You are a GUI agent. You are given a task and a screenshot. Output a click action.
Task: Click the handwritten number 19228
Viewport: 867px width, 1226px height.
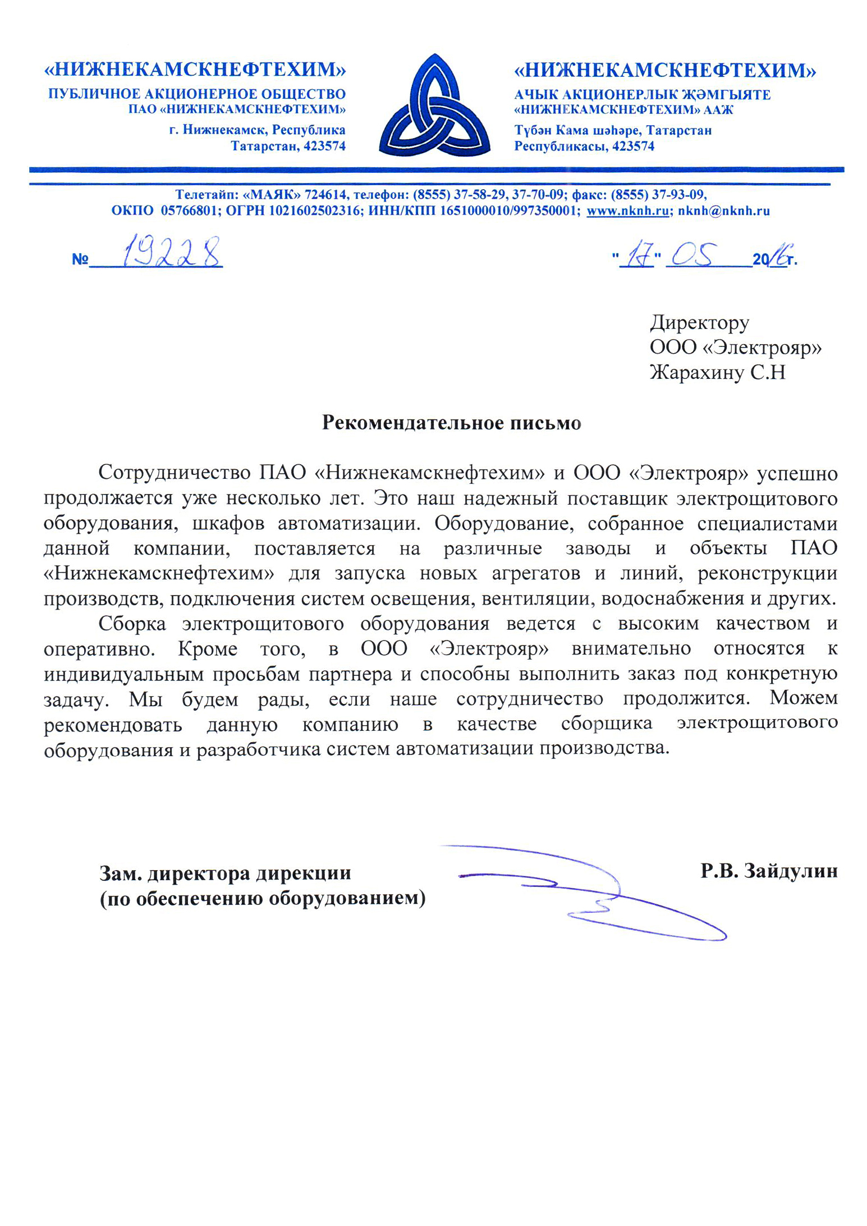[x=170, y=253]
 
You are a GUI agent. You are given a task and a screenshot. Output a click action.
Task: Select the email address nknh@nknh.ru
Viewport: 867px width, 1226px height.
[x=723, y=211]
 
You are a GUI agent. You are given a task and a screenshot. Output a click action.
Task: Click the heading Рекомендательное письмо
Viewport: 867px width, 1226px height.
[x=451, y=422]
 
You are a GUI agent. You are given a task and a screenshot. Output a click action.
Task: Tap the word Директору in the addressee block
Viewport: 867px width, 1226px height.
[x=699, y=322]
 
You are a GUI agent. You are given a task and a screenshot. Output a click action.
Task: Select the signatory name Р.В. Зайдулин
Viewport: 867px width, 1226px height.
[x=768, y=871]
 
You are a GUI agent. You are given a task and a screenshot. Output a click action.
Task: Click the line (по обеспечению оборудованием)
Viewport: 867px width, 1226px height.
[x=262, y=898]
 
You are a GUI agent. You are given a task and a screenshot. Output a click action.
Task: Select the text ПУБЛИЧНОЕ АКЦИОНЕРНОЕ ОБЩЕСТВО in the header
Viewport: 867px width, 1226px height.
[x=196, y=94]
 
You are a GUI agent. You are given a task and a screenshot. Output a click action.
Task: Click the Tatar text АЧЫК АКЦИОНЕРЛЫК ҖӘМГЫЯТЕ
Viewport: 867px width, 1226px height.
[x=642, y=94]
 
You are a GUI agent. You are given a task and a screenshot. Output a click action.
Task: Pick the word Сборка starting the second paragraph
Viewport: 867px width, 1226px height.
[x=132, y=623]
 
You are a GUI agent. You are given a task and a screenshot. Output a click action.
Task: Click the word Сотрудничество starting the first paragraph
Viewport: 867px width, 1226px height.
[x=174, y=473]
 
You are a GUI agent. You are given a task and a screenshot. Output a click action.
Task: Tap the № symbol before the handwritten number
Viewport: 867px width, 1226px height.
[x=80, y=259]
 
